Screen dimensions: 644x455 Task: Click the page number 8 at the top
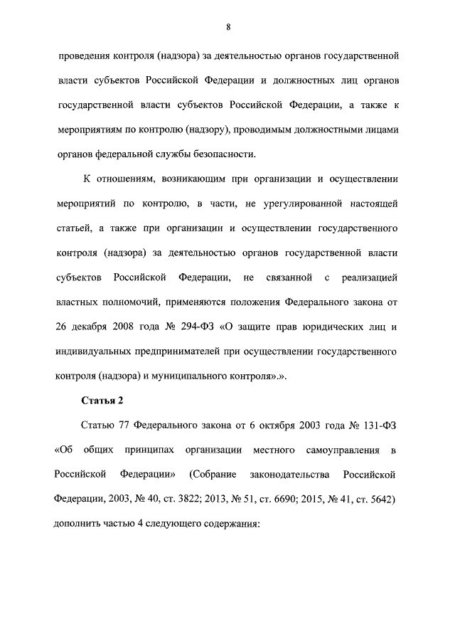[x=228, y=27]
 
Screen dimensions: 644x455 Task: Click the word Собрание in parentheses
[x=213, y=475]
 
